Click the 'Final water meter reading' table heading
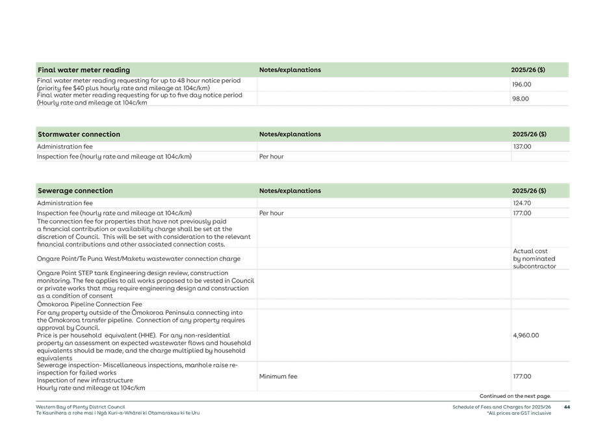[84, 70]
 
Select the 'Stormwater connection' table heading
[79, 134]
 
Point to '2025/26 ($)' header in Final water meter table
[528, 70]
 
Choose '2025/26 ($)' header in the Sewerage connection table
[528, 191]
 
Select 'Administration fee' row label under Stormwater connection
[64, 147]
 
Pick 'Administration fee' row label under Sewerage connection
[64, 203]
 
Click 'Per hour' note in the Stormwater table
[271, 156]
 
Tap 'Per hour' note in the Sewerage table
[271, 213]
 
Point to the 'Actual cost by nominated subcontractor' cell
[534, 258]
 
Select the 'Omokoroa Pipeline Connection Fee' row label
[89, 304]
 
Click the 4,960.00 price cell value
[525, 336]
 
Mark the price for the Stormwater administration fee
[522, 147]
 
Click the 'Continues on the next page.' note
[516, 396]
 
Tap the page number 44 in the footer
[567, 407]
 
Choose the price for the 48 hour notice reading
[522, 84]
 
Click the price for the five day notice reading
[521, 99]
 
